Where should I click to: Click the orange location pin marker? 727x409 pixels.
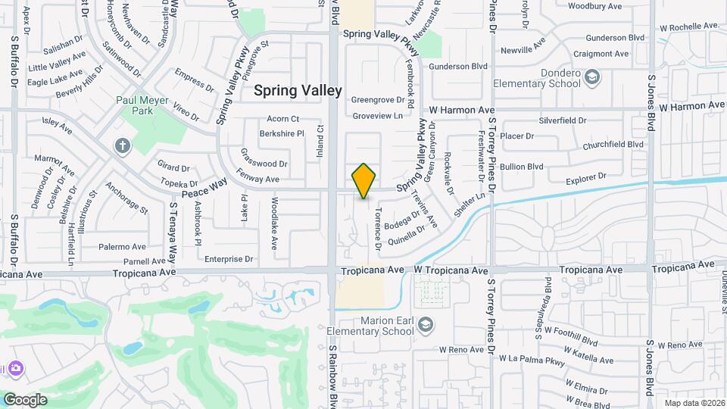[363, 180]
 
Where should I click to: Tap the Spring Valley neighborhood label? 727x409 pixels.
[298, 90]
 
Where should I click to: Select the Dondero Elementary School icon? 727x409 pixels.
[593, 77]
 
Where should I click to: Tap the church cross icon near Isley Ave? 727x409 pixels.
[122, 144]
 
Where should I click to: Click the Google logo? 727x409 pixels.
[25, 399]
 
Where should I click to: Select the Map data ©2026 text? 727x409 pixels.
[694, 403]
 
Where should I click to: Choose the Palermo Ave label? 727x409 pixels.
[121, 247]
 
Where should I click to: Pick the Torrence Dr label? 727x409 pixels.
[376, 230]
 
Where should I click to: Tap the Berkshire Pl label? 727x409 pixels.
[281, 133]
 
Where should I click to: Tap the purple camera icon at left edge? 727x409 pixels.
[14, 368]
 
